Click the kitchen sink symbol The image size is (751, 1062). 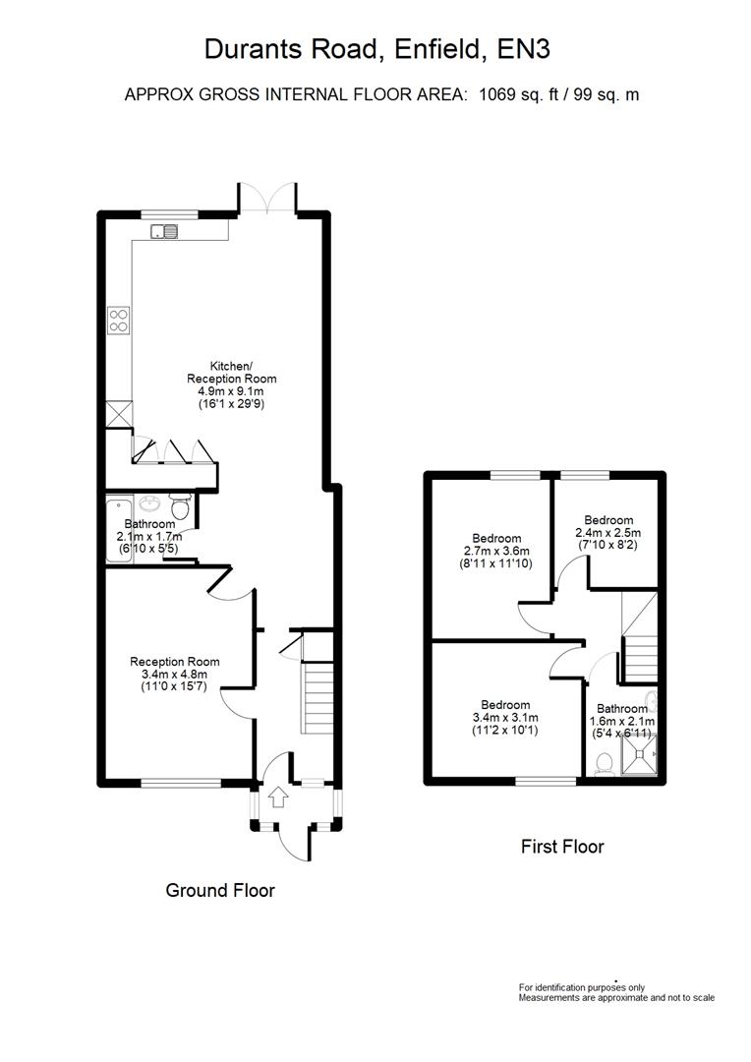[164, 232]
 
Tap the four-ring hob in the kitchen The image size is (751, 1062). [119, 320]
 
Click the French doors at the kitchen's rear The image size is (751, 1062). [267, 200]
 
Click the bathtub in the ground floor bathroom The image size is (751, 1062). [113, 531]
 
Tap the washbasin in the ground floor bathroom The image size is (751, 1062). [150, 505]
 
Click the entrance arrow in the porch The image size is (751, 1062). [277, 796]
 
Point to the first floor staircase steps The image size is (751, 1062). [641, 658]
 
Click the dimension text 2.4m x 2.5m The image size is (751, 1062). [609, 533]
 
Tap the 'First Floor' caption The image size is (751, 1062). [561, 846]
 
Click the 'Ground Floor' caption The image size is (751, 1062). [219, 890]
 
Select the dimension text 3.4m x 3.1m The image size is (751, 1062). [505, 718]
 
